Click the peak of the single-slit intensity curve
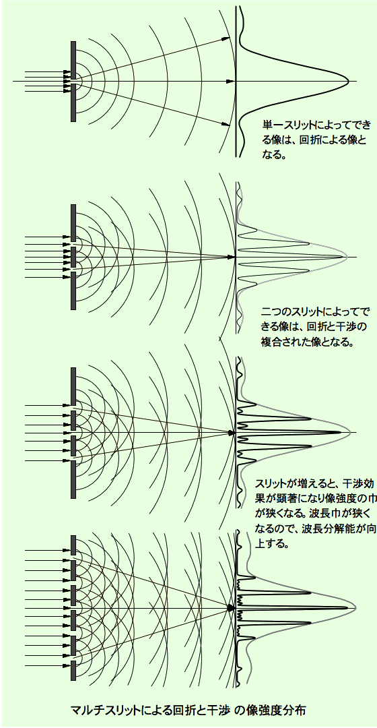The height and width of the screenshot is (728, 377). pos(347,82)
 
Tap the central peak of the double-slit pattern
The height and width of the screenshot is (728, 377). pos(345,257)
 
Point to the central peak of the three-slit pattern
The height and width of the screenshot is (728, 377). pos(341,433)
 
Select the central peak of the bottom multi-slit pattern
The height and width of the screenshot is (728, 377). pos(347,608)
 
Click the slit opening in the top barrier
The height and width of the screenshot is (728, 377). pos(73,82)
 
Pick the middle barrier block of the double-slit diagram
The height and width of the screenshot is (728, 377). pos(73,257)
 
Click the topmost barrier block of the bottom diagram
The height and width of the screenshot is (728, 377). pos(73,545)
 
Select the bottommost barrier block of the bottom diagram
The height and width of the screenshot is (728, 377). pos(73,671)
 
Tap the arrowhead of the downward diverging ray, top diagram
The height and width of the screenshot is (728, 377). pos(226,124)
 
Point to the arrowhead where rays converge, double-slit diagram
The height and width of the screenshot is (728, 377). pos(230,257)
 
